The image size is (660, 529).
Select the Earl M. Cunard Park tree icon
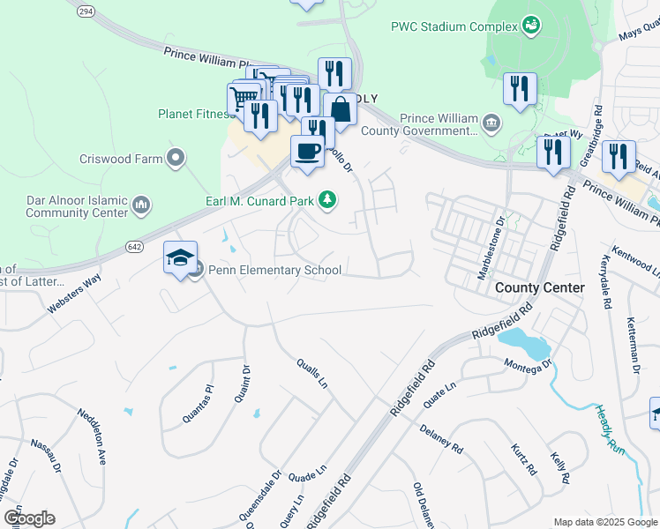point(327,201)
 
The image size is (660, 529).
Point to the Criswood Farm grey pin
point(176,159)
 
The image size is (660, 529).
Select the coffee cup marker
point(307,151)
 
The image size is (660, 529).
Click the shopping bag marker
point(341,110)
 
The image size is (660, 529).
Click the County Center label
point(540,287)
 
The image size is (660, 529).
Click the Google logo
point(29,518)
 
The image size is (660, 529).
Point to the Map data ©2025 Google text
point(604,522)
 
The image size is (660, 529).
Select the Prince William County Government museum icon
point(492,122)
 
